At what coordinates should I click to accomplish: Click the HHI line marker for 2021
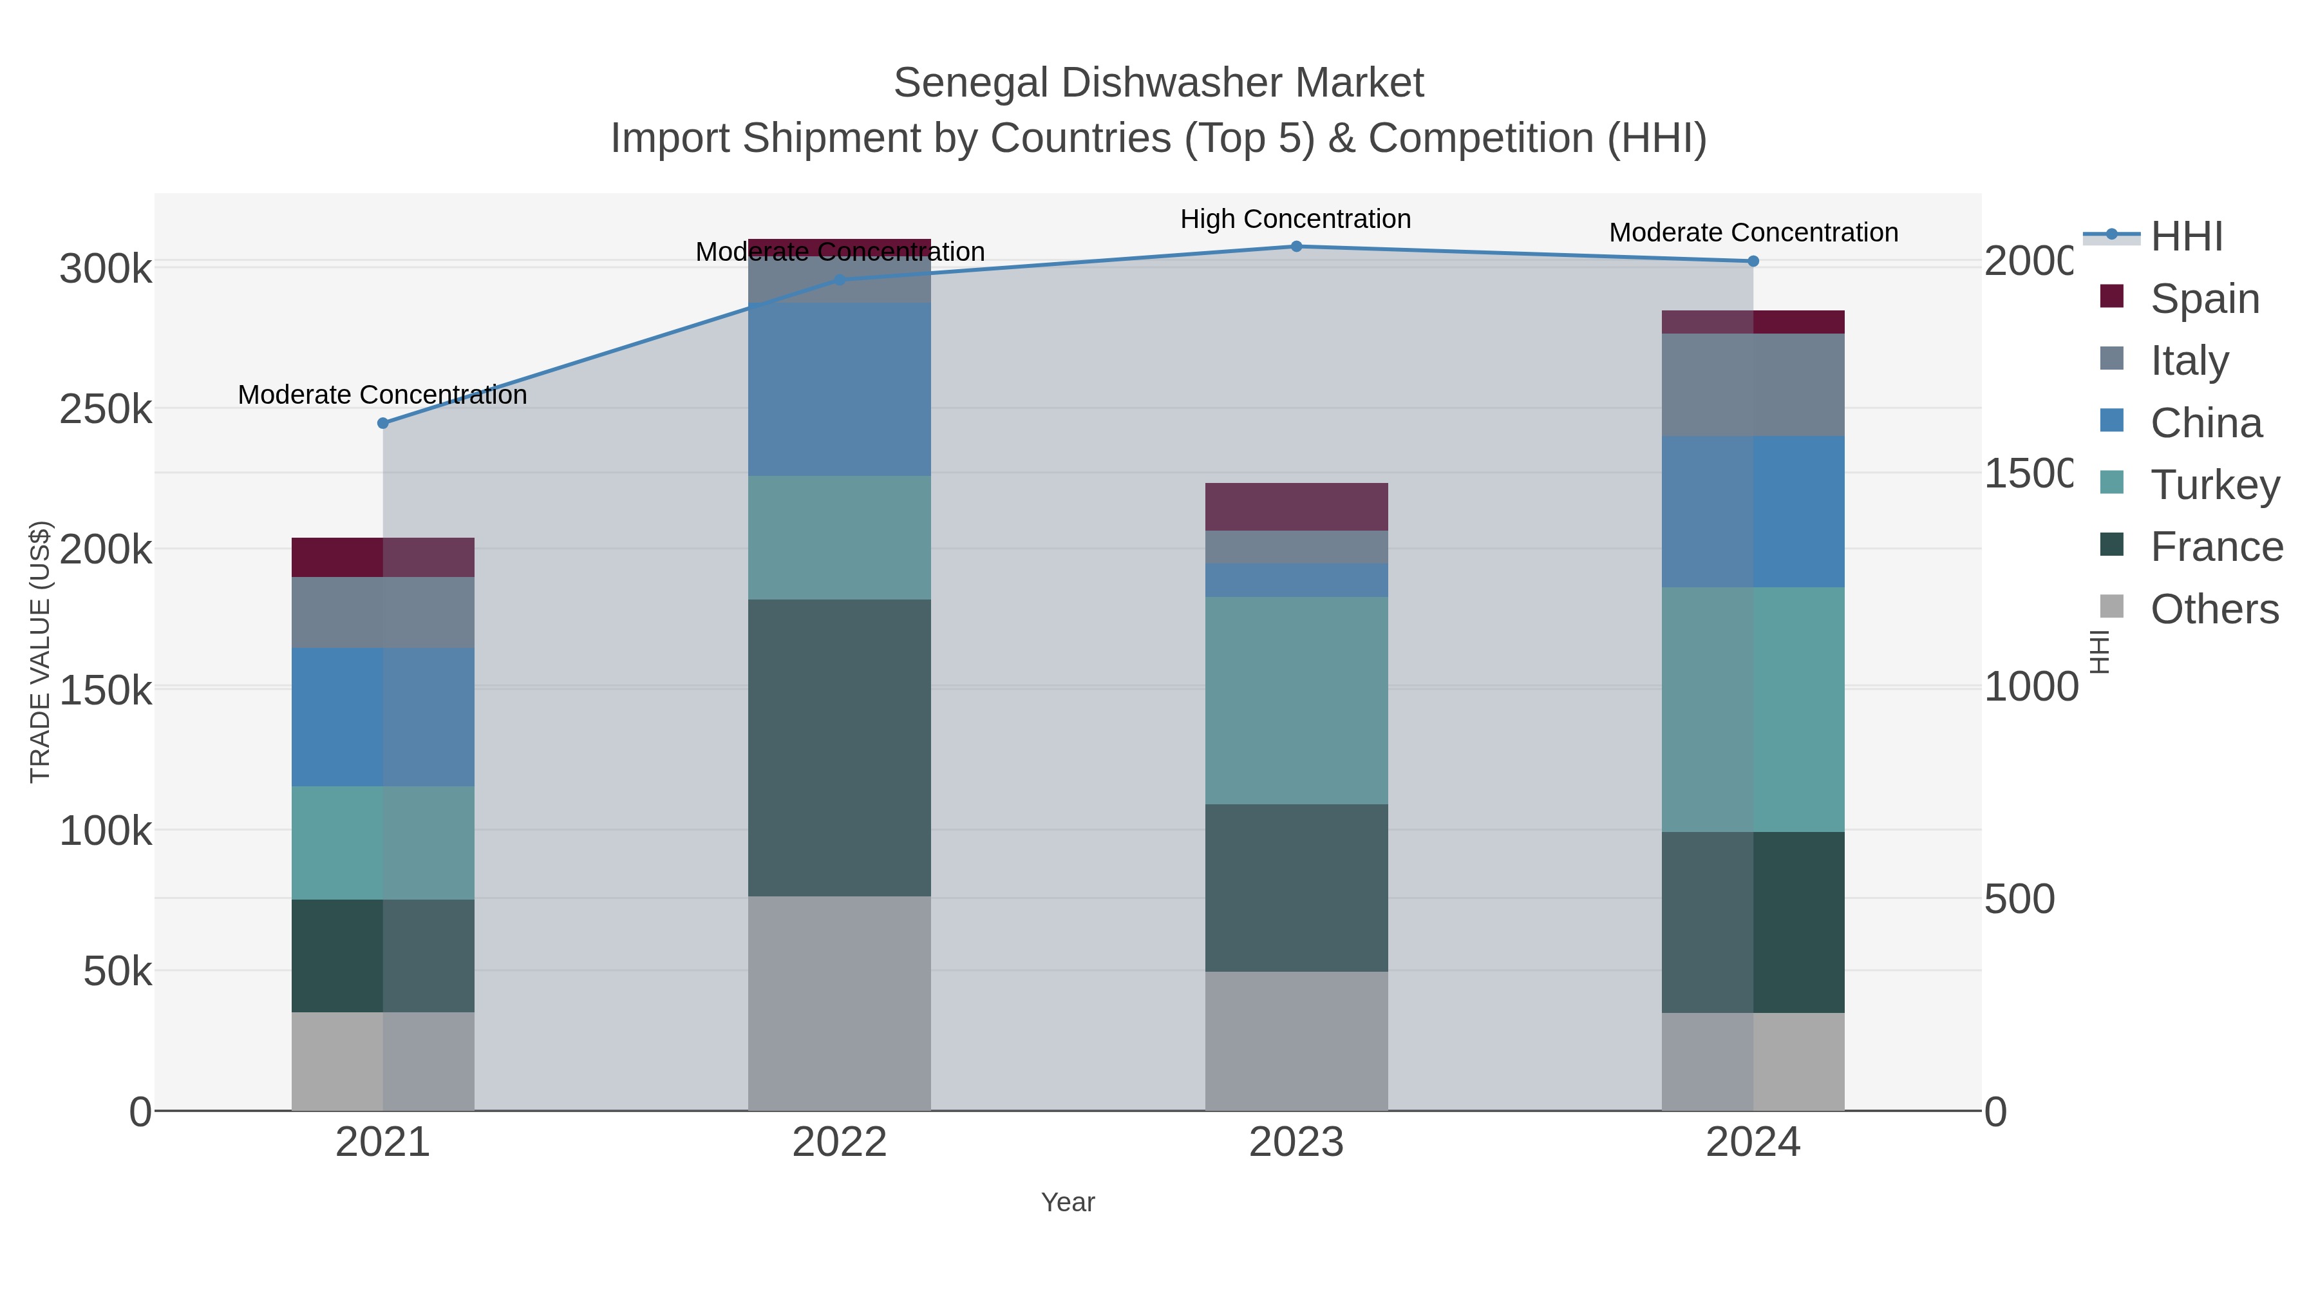coord(382,423)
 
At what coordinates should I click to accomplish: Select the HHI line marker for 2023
coord(1297,247)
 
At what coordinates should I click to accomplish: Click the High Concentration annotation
coord(1295,220)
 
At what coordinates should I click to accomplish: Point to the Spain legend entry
coord(2205,299)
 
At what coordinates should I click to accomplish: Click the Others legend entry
coord(2214,609)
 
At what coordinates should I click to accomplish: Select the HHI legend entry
coord(2186,237)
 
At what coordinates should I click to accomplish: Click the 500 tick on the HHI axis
coord(2020,899)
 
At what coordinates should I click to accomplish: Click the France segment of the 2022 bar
coord(840,747)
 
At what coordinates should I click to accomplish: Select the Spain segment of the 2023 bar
coord(1297,507)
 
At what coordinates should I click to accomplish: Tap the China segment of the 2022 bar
coord(840,389)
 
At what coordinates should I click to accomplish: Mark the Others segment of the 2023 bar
coord(1297,1041)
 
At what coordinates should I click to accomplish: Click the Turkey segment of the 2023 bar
coord(1297,700)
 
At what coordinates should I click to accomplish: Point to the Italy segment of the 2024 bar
coord(1753,385)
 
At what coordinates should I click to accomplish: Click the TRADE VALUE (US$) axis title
coord(41,652)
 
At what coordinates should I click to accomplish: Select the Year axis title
coord(1068,1202)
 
